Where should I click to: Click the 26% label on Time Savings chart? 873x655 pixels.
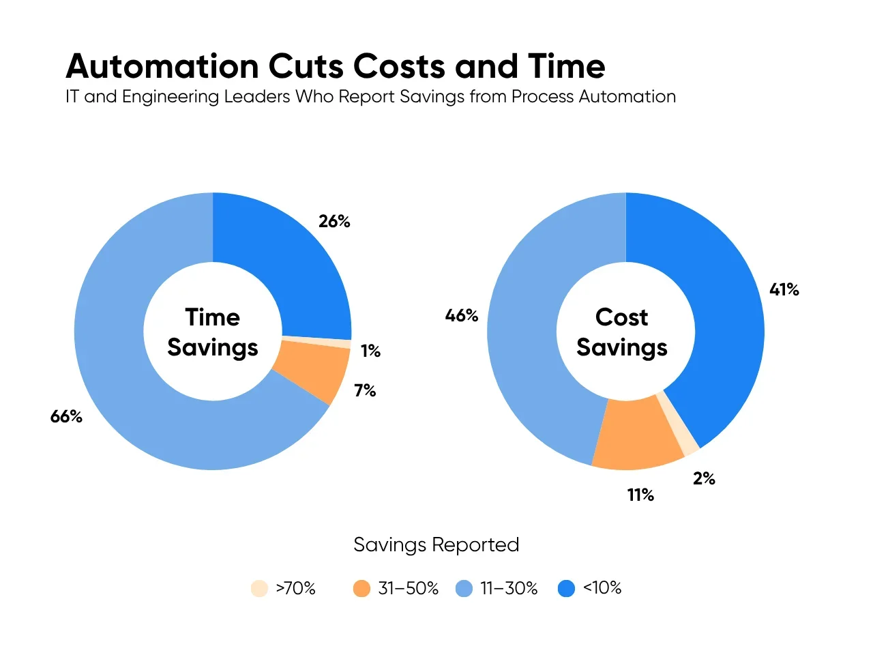pyautogui.click(x=334, y=222)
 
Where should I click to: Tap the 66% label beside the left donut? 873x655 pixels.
pyautogui.click(x=66, y=417)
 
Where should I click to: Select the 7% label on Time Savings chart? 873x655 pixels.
pyautogui.click(x=365, y=391)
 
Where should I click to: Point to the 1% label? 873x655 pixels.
pyautogui.click(x=370, y=351)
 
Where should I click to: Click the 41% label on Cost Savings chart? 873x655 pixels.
pyautogui.click(x=784, y=290)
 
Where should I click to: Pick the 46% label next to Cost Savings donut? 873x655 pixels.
pyautogui.click(x=462, y=316)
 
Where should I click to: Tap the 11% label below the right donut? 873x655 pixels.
pyautogui.click(x=640, y=495)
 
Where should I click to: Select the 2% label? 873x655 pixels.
pyautogui.click(x=704, y=479)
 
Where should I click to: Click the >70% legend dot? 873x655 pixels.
pyautogui.click(x=259, y=589)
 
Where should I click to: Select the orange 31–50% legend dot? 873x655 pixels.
pyautogui.click(x=361, y=589)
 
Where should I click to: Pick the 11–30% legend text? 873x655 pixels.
pyautogui.click(x=509, y=589)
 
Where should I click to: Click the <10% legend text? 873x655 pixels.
pyautogui.click(x=602, y=588)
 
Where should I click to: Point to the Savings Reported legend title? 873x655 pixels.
pyautogui.click(x=436, y=545)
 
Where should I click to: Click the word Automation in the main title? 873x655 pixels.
pyautogui.click(x=162, y=67)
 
